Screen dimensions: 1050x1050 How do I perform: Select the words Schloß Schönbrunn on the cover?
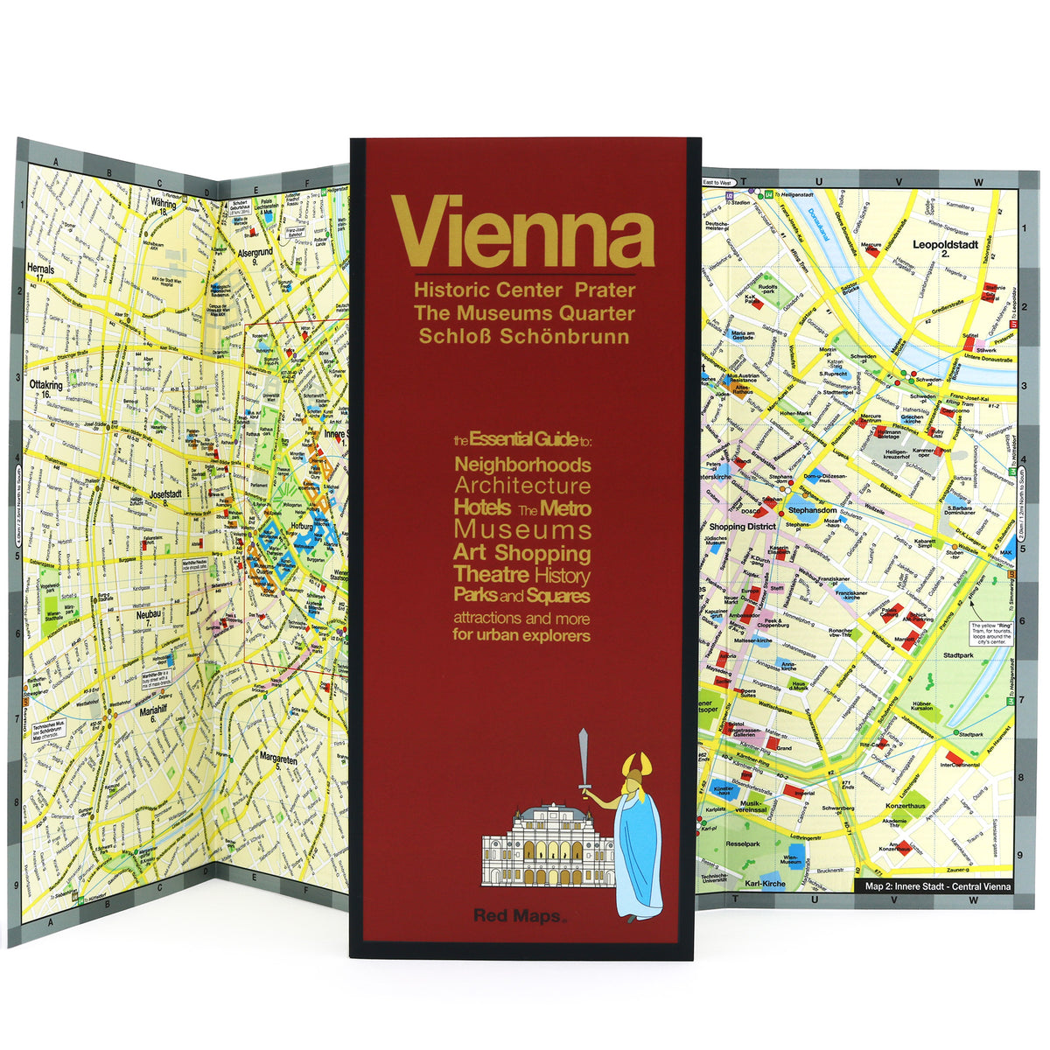point(524,336)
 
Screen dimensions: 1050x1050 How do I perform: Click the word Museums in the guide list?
point(522,530)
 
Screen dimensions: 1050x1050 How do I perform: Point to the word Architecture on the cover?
point(522,486)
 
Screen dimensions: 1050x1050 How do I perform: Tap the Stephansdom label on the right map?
point(814,509)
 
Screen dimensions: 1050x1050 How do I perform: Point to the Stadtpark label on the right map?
point(960,654)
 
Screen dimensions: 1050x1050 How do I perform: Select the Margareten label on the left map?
point(278,761)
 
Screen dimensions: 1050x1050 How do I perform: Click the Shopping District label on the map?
point(743,527)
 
